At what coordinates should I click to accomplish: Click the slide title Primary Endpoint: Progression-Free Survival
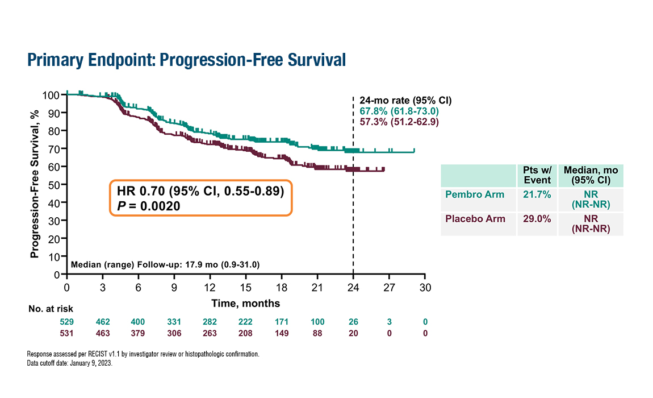[x=186, y=60]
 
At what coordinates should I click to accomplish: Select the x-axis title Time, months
[x=246, y=303]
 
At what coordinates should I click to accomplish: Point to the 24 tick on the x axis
[x=353, y=287]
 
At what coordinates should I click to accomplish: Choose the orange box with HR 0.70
[x=200, y=198]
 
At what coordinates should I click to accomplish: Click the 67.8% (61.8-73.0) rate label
[x=399, y=111]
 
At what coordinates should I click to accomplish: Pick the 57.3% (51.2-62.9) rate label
[x=399, y=121]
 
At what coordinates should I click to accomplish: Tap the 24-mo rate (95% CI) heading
[x=405, y=101]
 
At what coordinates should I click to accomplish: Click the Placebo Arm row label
[x=474, y=219]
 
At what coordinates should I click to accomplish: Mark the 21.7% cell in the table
[x=537, y=194]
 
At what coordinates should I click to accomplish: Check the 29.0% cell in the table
[x=537, y=219]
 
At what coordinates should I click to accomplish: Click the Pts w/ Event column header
[x=537, y=175]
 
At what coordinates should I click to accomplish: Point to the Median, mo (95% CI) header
[x=591, y=175]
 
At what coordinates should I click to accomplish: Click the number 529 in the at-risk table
[x=67, y=322]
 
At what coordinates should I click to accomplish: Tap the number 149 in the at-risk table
[x=282, y=333]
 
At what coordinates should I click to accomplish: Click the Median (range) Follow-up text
[x=165, y=265]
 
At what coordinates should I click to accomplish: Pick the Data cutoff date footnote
[x=70, y=362]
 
